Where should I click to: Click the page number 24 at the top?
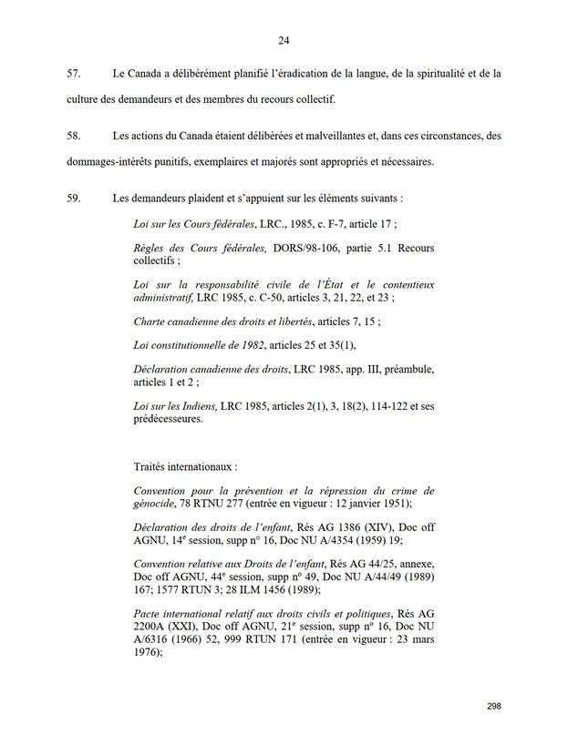click(284, 40)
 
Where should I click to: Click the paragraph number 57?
click(74, 73)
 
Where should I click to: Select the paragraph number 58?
click(74, 137)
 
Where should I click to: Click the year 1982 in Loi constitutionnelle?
click(248, 347)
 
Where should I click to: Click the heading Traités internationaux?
click(185, 466)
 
